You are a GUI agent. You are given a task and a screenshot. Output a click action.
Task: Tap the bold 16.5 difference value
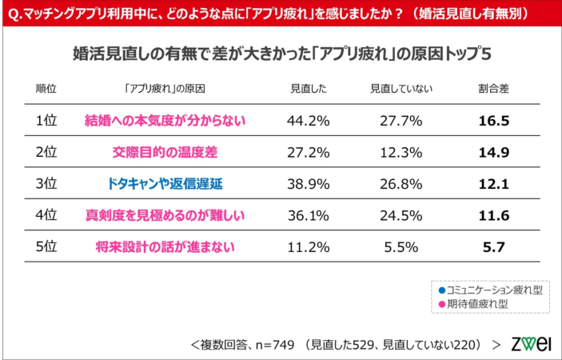tap(493, 120)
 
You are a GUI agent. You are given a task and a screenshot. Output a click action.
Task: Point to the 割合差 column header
tap(493, 88)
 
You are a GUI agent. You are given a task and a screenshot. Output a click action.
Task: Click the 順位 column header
tap(46, 88)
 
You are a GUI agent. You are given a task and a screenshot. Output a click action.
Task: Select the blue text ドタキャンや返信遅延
tap(164, 183)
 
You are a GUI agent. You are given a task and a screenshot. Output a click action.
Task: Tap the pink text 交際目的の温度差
tap(164, 151)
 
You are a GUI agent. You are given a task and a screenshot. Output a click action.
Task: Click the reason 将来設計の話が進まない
tap(164, 246)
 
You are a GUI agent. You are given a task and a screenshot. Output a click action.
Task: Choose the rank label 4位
tap(46, 214)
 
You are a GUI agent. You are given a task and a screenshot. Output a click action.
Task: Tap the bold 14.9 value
tap(493, 151)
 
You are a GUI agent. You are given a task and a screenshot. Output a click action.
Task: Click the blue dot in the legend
tap(441, 290)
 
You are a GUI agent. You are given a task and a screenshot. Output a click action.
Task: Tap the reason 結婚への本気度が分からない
tap(164, 120)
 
